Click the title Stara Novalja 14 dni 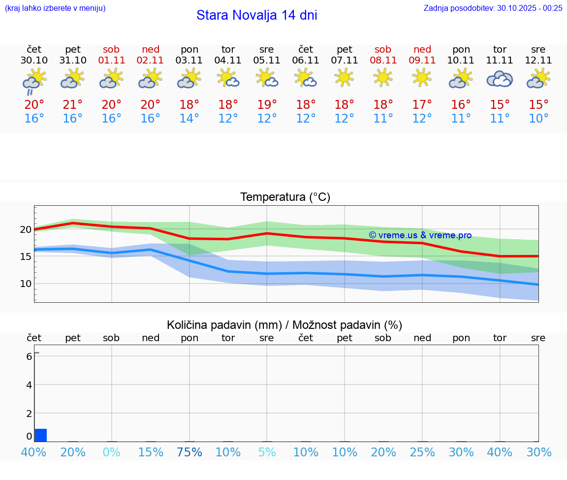256,15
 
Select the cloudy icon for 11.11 500,79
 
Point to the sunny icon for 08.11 383,77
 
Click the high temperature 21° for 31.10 73,105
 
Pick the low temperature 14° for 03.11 189,119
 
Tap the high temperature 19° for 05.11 267,105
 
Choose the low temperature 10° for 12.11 538,119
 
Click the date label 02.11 151,61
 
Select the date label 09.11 422,61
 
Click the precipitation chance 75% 189,452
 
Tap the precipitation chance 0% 112,452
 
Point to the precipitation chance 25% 422,452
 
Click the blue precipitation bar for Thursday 41,435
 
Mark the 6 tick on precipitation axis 29,356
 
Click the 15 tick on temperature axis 25,256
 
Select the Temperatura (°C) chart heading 285,197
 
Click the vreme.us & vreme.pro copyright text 420,235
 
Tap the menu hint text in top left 55,8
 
